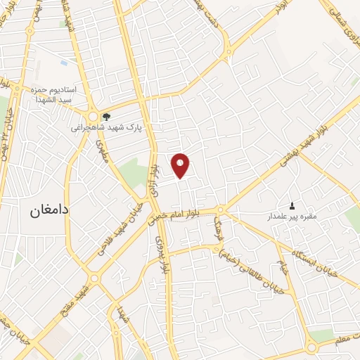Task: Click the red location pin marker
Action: [x=181, y=165]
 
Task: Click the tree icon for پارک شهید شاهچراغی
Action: [x=106, y=117]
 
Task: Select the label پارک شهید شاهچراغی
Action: [x=104, y=128]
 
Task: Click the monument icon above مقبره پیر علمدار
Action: [x=293, y=205]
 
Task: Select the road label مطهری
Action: [x=103, y=151]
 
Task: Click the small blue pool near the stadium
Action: [x=65, y=63]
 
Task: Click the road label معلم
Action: [x=342, y=342]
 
